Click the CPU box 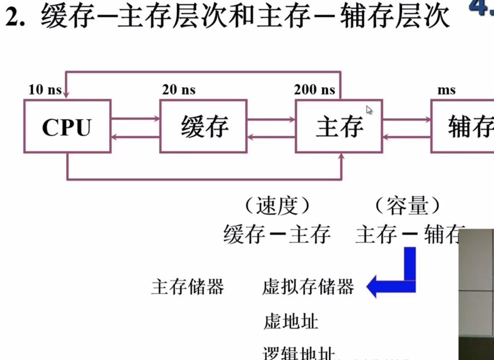(x=67, y=127)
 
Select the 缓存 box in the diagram (x=203, y=127)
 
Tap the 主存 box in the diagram (x=339, y=127)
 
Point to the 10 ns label (x=44, y=90)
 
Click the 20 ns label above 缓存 (x=178, y=90)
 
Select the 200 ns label (x=314, y=90)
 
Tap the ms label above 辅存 (x=446, y=90)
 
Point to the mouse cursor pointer (x=369, y=110)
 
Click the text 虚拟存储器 (x=308, y=287)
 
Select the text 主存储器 (x=188, y=287)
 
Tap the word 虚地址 (x=291, y=321)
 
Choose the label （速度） (x=277, y=207)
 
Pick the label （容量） (x=407, y=207)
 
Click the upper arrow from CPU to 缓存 (x=135, y=119)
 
